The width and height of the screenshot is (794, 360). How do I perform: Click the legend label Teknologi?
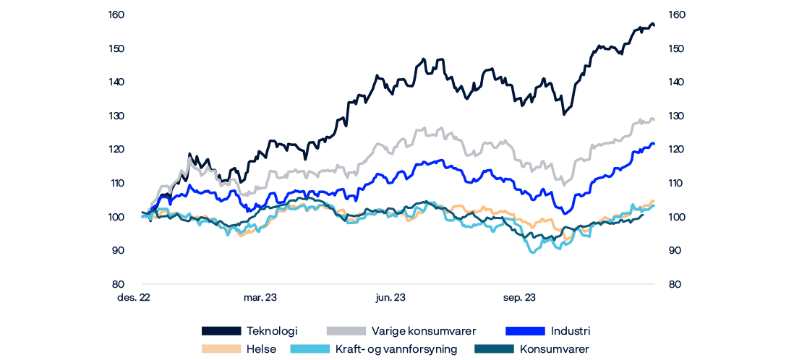[272, 331]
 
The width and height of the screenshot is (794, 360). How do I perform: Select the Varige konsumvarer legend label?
[423, 331]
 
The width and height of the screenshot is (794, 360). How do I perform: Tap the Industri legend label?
[571, 331]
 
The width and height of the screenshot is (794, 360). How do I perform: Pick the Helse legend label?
[260, 349]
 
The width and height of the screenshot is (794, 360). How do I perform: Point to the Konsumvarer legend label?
[554, 349]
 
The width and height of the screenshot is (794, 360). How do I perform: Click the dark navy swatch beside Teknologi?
[221, 331]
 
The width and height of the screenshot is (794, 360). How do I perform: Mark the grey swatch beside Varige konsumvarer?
[346, 331]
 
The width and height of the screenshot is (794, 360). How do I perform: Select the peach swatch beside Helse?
[221, 349]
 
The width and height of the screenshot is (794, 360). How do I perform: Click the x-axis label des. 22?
[135, 298]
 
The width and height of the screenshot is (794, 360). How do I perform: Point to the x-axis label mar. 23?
[260, 298]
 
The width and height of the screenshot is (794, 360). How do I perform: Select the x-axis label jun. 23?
[390, 298]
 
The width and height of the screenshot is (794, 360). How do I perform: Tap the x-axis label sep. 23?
[519, 298]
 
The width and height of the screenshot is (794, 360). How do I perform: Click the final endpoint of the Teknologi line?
[654, 26]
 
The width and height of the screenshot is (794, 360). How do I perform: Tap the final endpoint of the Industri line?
[654, 144]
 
